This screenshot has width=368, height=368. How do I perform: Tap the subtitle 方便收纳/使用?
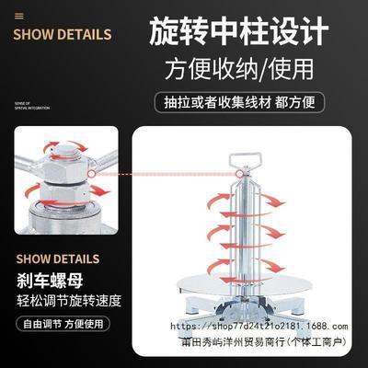(237, 69)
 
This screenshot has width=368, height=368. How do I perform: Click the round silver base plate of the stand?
(245, 317)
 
